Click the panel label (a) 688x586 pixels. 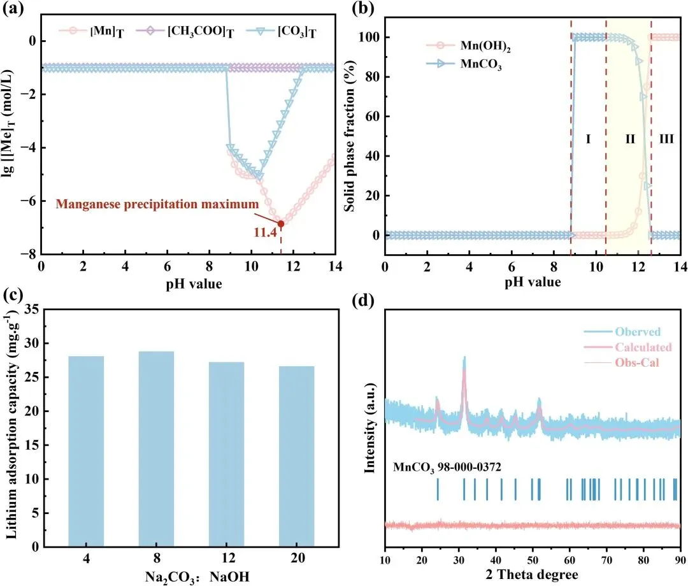click(x=13, y=11)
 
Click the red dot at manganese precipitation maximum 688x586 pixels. click(x=281, y=224)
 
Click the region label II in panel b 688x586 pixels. click(x=630, y=138)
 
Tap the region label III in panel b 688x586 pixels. click(x=666, y=138)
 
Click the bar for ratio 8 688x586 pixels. click(x=156, y=448)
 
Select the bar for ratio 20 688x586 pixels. click(x=296, y=456)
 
